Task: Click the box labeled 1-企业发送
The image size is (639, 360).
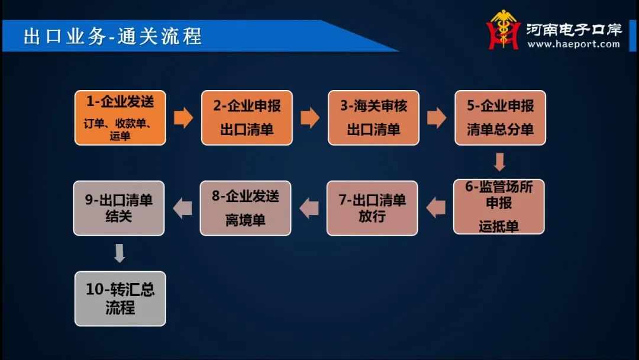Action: (120, 118)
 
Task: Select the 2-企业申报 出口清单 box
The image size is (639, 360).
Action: (247, 118)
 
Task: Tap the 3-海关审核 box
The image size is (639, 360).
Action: (374, 118)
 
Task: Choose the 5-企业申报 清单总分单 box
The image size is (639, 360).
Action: (501, 118)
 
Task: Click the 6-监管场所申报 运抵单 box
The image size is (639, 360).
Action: (499, 207)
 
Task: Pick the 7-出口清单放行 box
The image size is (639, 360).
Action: (372, 208)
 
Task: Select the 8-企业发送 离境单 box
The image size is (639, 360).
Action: (246, 208)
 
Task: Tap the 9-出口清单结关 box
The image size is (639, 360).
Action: (118, 208)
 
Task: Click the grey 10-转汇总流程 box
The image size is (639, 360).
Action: (120, 299)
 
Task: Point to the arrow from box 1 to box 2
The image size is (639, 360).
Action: (183, 118)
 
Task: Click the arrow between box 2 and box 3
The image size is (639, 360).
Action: (310, 118)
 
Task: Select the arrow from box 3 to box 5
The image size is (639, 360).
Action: (437, 118)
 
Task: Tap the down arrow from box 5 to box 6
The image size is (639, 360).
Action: (499, 162)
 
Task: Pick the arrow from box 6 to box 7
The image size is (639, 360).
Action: (435, 207)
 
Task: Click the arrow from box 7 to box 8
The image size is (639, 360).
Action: (309, 208)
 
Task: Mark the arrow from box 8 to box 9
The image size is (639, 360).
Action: (182, 208)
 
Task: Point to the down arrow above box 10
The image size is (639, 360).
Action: (120, 253)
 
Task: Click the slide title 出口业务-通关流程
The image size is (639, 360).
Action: (112, 36)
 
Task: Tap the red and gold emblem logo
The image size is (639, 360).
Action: (504, 30)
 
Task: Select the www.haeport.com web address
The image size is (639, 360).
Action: (574, 44)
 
